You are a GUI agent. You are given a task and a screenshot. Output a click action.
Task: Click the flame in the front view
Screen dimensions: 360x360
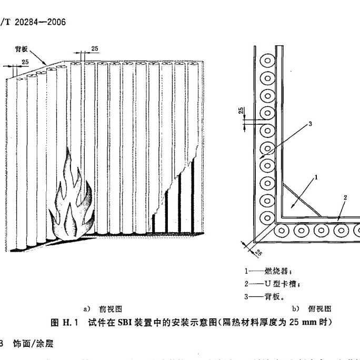click(71, 200)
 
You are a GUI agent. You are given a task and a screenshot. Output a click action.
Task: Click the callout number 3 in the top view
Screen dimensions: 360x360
click(310, 124)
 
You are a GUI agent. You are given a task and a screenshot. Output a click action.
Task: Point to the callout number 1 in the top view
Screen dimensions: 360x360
click(316, 178)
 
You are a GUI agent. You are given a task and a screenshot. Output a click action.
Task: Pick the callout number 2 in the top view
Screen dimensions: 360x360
click(344, 197)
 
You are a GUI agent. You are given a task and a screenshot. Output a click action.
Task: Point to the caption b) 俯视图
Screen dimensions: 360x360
click(311, 309)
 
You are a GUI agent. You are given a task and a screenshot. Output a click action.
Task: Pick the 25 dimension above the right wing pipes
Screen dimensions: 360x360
click(94, 48)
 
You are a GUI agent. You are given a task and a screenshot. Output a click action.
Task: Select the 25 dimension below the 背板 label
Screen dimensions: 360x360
click(25, 62)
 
